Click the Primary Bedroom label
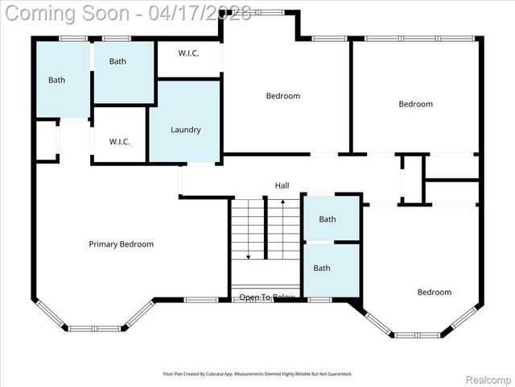click(121, 244)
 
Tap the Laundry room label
click(185, 130)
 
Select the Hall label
click(282, 185)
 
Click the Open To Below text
click(267, 298)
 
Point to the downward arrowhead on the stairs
click(249, 256)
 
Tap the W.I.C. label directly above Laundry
click(188, 53)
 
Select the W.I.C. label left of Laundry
click(120, 142)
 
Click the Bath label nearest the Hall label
click(328, 219)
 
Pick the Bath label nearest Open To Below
click(322, 268)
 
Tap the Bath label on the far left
click(56, 80)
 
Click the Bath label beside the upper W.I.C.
click(118, 61)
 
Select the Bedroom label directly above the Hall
click(283, 96)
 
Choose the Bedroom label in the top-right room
click(416, 104)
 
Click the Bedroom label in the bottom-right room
click(435, 292)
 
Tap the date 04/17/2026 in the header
click(205, 13)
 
